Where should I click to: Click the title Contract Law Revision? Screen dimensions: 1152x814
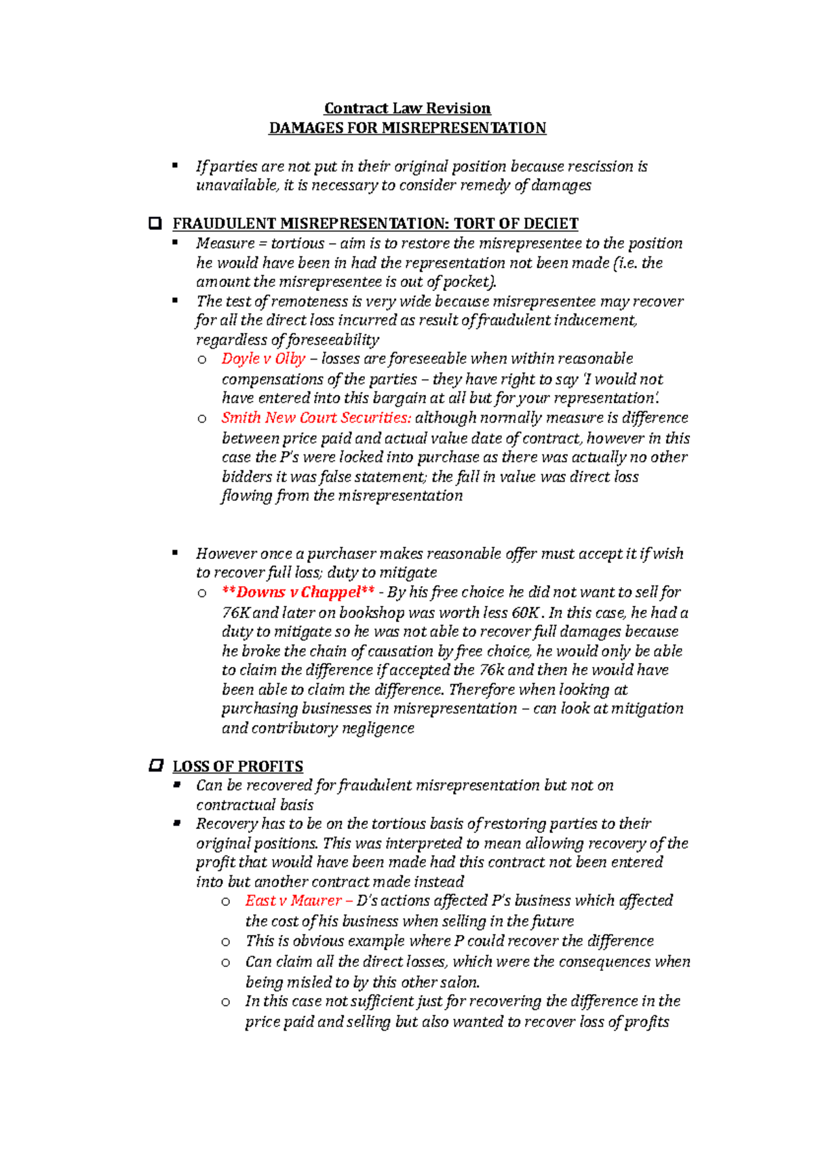[407, 109]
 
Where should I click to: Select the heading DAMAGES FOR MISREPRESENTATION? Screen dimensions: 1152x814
[407, 128]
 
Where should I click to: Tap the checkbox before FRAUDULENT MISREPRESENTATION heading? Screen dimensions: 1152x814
[155, 223]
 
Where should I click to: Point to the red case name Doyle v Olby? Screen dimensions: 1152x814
[263, 359]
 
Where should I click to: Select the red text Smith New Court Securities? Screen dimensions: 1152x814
[315, 418]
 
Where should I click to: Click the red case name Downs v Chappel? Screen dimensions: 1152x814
[298, 592]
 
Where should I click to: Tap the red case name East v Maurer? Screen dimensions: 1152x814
[293, 901]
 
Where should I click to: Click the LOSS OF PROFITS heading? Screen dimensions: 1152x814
[237, 767]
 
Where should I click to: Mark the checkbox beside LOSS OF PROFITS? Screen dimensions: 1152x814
[155, 766]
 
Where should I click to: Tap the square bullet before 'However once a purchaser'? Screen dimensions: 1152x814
[175, 553]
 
